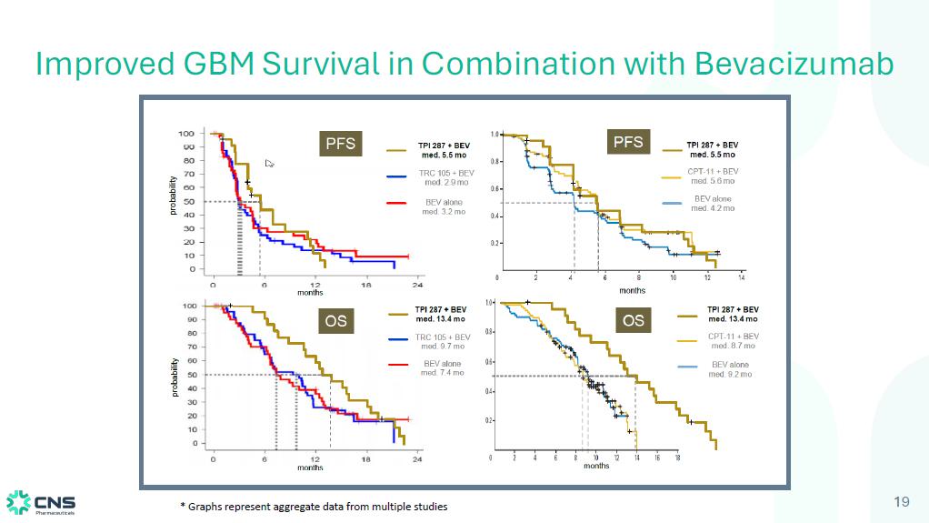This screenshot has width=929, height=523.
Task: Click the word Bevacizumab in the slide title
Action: click(794, 64)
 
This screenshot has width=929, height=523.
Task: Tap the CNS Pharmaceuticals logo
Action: click(42, 502)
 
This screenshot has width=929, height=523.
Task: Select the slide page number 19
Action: click(902, 502)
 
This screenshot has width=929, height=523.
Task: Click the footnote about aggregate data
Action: click(314, 506)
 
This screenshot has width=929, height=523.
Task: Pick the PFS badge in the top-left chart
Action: click(341, 144)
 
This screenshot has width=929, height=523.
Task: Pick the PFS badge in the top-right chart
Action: click(628, 142)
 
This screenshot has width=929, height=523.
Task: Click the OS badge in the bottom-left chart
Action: click(336, 320)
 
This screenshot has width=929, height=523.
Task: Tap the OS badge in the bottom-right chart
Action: click(634, 320)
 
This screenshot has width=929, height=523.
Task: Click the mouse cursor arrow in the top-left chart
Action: click(269, 164)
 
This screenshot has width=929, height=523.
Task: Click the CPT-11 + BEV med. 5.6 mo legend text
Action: click(712, 176)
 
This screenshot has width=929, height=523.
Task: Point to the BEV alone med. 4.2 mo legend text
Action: click(713, 203)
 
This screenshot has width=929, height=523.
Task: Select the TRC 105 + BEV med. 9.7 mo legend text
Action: click(443, 341)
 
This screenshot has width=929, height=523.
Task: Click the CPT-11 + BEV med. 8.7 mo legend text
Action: click(733, 340)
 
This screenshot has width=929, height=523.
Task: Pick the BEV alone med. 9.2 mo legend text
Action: click(732, 369)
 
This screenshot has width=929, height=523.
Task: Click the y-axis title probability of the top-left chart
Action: click(172, 196)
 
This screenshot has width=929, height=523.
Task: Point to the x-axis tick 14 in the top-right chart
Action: click(742, 277)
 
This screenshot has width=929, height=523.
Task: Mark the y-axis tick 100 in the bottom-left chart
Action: click(190, 307)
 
